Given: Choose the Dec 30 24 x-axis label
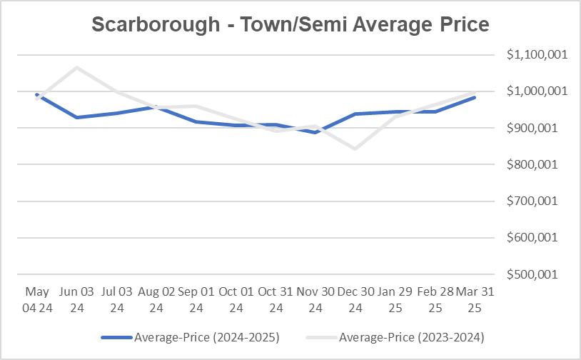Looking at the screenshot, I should [354, 300].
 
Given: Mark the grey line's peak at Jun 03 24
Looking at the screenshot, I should [76, 68].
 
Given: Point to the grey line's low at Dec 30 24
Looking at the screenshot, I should [354, 149].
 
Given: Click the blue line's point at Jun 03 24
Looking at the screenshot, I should [76, 117].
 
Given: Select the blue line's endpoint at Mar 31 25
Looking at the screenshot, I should [474, 97].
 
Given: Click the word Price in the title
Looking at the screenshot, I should [461, 24].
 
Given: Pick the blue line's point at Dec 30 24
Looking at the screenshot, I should [354, 114].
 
